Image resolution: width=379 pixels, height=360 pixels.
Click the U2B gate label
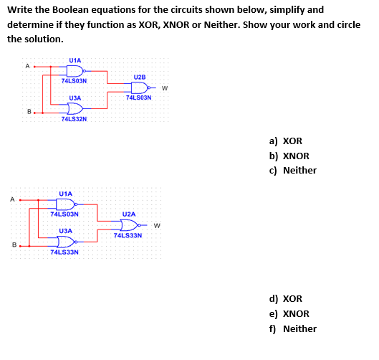[140, 76]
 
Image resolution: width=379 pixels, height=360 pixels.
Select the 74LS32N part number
[75, 119]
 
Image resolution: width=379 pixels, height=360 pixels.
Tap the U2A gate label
[129, 214]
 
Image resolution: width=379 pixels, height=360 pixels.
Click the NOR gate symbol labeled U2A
[130, 225]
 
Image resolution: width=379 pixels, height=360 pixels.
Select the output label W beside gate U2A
[155, 227]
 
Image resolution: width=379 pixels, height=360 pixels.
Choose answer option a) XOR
[286, 141]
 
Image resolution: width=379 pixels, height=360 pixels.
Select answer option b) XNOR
[289, 156]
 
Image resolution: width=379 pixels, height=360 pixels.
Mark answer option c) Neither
[292, 170]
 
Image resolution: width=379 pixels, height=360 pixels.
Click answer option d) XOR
[286, 299]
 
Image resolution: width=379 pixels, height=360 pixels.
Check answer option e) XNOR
[289, 313]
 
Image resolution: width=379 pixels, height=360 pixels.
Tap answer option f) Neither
[292, 328]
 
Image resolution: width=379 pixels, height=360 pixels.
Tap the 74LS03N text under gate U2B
[139, 98]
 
